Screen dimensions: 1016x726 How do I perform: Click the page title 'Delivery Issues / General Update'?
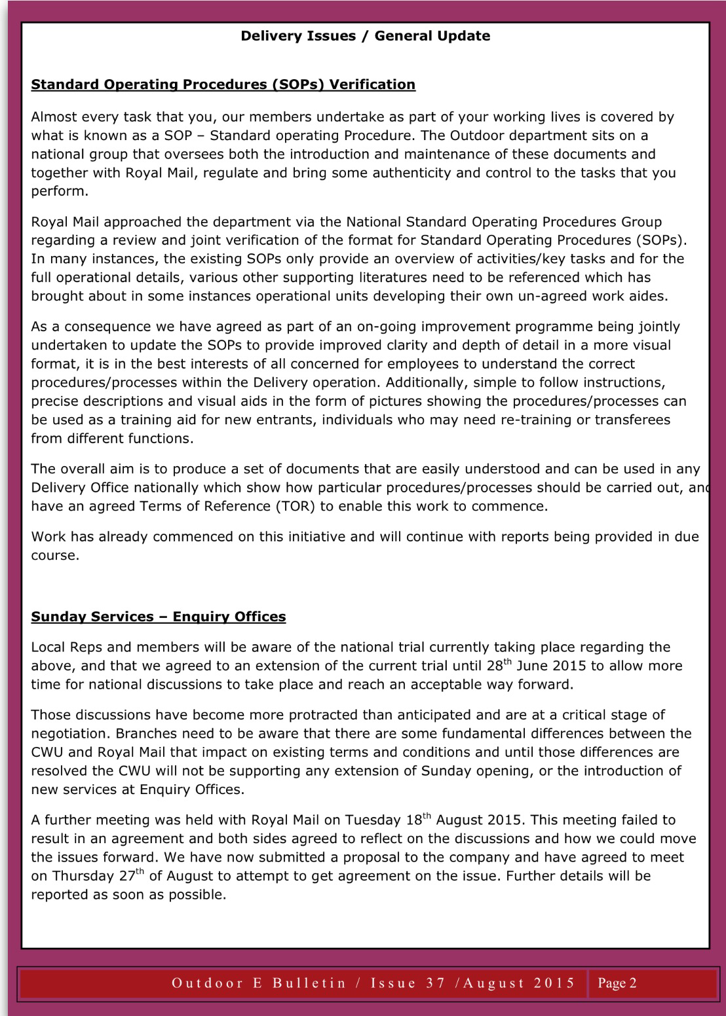coord(365,36)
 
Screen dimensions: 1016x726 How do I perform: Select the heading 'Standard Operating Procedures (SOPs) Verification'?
coord(223,84)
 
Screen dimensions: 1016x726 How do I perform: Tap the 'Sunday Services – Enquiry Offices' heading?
coord(159,617)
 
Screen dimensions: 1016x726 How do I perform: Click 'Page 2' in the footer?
coord(617,983)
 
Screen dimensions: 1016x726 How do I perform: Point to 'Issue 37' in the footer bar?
coord(408,983)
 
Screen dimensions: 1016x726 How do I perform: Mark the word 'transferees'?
coord(632,420)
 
